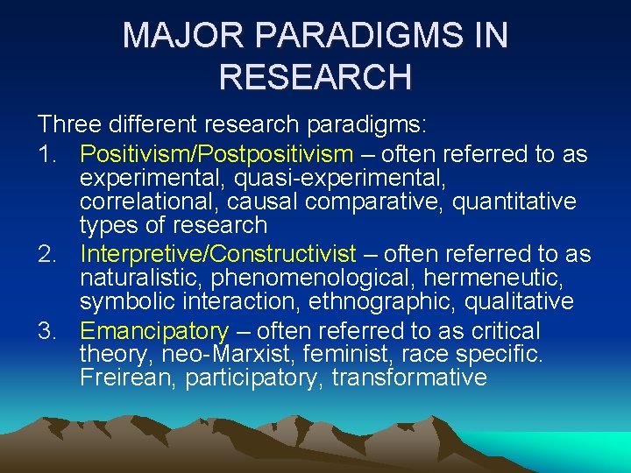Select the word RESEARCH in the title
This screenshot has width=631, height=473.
(315, 76)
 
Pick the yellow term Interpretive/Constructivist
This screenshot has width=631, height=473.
(218, 255)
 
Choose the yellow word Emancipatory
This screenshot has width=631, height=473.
(154, 331)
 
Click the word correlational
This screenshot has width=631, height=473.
(144, 202)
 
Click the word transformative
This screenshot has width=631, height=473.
(408, 378)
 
